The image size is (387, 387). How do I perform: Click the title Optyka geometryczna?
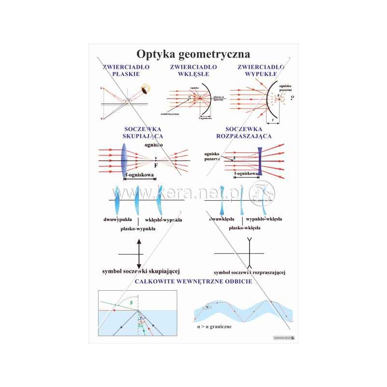click(193, 52)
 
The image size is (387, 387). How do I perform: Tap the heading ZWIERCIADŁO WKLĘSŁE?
click(193, 70)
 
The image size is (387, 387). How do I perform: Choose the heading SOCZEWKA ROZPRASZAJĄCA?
click(248, 133)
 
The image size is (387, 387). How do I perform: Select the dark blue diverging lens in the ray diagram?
click(260, 161)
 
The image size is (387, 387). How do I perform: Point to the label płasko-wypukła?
click(138, 229)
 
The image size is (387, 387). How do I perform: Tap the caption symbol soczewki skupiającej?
click(138, 271)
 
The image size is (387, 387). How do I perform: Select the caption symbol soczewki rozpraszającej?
click(249, 272)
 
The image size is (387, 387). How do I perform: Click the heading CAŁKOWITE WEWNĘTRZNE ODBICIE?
click(193, 281)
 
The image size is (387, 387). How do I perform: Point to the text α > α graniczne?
click(214, 327)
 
